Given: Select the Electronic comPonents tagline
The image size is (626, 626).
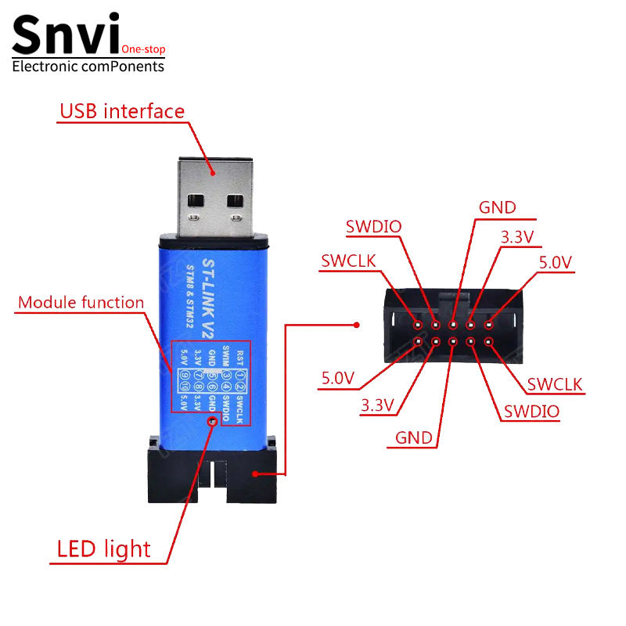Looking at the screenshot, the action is point(88,67).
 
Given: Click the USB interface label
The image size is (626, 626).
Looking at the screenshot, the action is point(122,111).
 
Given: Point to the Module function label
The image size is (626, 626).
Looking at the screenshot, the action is point(81,302).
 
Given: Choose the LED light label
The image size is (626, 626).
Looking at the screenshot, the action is point(103,549).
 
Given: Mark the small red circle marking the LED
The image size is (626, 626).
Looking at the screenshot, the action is point(212,422).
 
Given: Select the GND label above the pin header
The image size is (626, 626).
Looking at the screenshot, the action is point(498,207).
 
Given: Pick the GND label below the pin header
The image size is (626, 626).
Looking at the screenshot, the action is point(414,437).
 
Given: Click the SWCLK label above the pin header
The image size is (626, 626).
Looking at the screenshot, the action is point(350,261).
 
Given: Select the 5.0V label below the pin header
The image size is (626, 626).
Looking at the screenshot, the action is point(338,379).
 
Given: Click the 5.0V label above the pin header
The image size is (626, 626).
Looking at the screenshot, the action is point(556,262).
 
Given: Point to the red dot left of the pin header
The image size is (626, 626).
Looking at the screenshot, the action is point(356,325).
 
